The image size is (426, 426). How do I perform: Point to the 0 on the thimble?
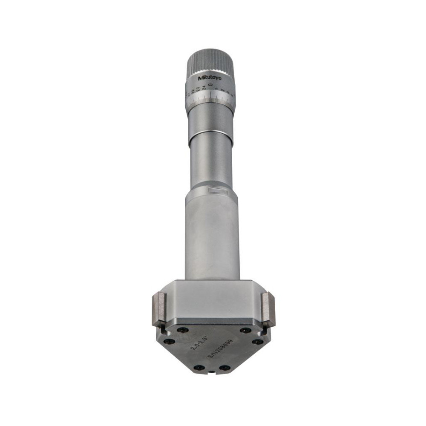point(210,86)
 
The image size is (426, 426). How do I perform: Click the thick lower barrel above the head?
point(212,239)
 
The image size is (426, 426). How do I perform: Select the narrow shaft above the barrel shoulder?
point(211,162)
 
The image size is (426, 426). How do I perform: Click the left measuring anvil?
point(159,309)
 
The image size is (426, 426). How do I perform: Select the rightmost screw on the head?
point(257,341)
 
